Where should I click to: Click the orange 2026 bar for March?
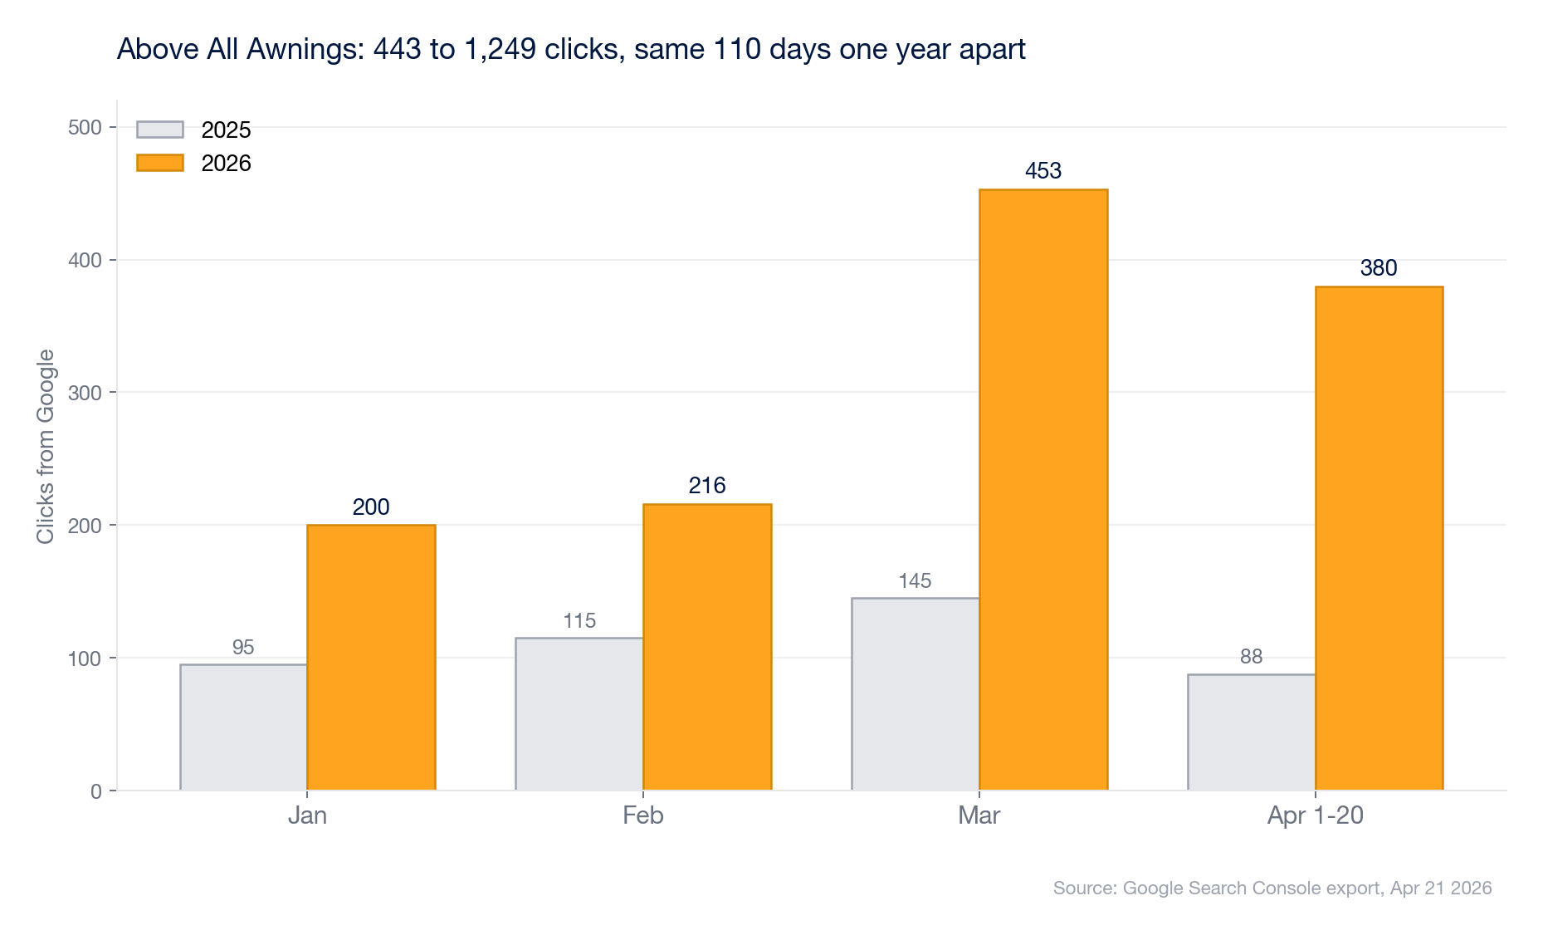click(1043, 490)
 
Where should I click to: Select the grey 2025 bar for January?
click(243, 727)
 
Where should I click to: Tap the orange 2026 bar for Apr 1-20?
click(1379, 538)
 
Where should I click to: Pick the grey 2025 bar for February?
click(579, 714)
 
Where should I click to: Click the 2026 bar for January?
click(371, 657)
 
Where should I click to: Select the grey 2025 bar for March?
click(916, 694)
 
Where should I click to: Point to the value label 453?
click(1043, 171)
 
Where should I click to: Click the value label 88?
click(1251, 657)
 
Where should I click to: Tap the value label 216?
click(707, 486)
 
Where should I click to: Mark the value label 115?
click(579, 621)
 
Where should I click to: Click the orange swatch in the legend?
click(160, 163)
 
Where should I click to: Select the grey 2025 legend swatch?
click(160, 130)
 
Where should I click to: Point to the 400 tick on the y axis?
click(85, 261)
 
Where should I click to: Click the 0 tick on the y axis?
click(96, 791)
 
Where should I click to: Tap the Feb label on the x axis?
click(643, 815)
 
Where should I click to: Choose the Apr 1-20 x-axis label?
click(1315, 815)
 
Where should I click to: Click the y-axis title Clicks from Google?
click(46, 447)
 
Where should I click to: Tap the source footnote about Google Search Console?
click(1272, 888)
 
